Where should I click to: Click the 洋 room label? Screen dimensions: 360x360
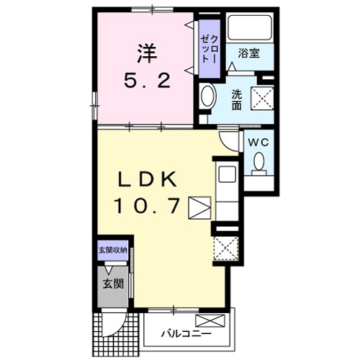tap(147, 53)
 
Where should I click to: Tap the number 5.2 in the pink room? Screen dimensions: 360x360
tap(148, 81)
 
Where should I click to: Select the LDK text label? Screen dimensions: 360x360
tap(147, 179)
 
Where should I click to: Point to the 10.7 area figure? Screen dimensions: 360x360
tap(147, 206)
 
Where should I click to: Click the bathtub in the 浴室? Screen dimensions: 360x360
tap(250, 27)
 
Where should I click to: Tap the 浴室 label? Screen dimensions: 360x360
tap(249, 53)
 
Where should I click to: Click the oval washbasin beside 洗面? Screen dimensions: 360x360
tap(207, 95)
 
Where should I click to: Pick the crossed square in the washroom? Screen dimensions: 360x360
tap(262, 99)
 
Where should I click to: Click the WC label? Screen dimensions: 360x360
tap(258, 143)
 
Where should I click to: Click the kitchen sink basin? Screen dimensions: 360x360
tap(227, 174)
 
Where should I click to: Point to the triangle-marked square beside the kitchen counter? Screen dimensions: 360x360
tap(199, 208)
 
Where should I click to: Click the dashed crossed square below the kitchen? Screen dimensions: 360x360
tap(226, 248)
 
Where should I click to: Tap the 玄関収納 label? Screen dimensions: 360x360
tap(113, 251)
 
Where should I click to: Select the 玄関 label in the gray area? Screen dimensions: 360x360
tap(113, 284)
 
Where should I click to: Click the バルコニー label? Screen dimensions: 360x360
tap(186, 333)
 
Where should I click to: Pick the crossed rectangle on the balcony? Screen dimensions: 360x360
tap(210, 320)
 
